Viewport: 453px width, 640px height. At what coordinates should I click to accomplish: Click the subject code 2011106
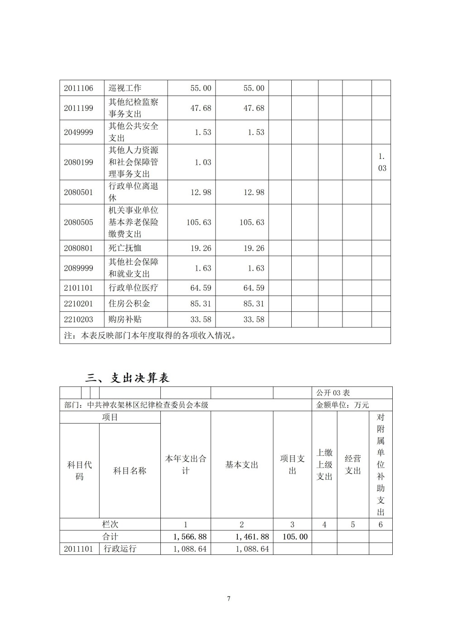tap(78, 88)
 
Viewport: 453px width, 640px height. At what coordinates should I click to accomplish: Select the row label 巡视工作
tap(125, 88)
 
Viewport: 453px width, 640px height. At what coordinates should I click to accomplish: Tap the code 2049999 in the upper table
tap(78, 132)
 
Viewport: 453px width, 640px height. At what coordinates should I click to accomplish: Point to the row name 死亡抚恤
tap(125, 248)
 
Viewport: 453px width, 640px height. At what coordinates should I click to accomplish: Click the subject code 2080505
tap(78, 222)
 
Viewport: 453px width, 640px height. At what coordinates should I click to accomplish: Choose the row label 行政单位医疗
tap(133, 288)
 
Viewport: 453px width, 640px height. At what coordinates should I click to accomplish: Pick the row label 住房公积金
tap(129, 304)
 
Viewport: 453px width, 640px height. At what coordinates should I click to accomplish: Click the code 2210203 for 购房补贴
tap(78, 320)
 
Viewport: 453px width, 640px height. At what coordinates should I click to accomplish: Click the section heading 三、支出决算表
tap(127, 378)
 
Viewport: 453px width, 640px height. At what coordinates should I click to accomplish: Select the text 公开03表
tap(333, 393)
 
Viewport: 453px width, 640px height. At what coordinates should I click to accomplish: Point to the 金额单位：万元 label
tap(342, 405)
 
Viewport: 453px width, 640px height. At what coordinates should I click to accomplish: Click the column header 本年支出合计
tap(185, 465)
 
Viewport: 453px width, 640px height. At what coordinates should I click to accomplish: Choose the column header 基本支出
tap(241, 465)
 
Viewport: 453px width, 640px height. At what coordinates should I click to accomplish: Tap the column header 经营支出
tap(353, 465)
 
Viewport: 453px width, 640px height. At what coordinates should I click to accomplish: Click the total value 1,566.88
tap(190, 537)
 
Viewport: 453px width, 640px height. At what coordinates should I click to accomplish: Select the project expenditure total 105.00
tap(295, 537)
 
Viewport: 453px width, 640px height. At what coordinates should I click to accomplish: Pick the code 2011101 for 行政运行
tap(78, 549)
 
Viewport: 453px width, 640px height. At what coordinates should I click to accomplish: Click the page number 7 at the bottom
tap(229, 599)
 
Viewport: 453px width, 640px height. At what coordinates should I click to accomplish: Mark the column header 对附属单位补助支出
tap(381, 464)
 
